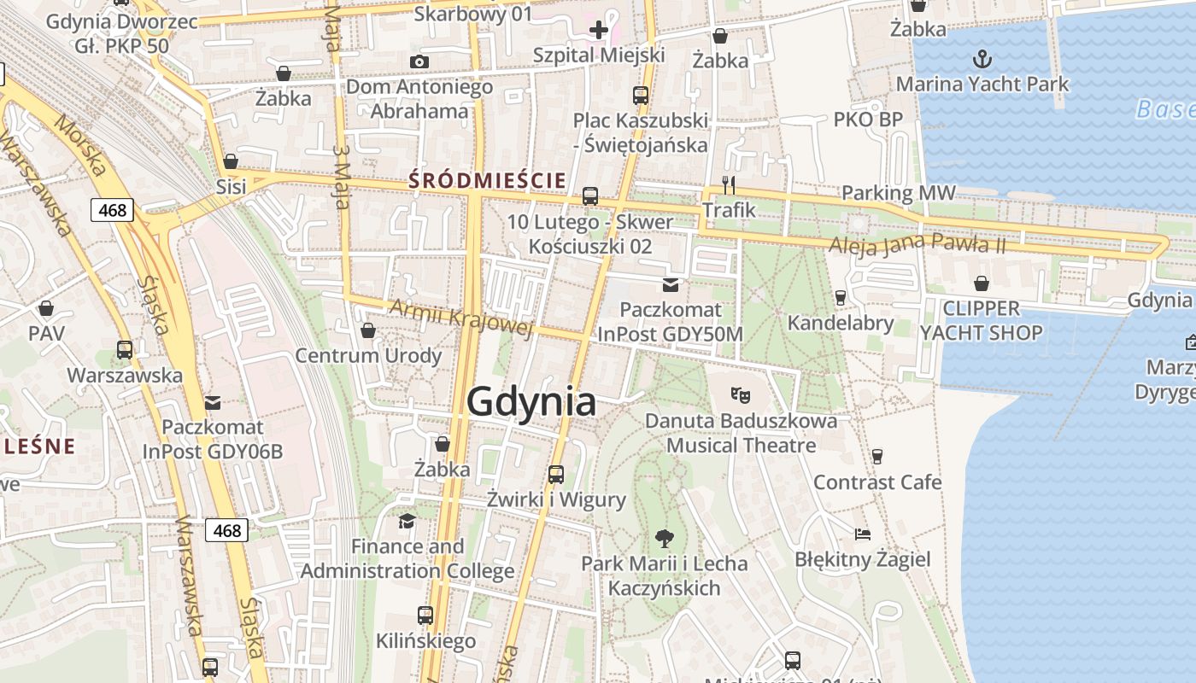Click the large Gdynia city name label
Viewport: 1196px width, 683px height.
click(x=531, y=402)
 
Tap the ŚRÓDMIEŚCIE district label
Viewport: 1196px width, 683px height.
click(x=487, y=180)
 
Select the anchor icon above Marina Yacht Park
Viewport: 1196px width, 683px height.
click(x=982, y=59)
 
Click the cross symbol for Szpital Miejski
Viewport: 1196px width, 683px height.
click(x=598, y=31)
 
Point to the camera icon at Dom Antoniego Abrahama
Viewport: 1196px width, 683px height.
click(x=419, y=61)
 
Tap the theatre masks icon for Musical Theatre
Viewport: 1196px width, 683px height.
click(x=741, y=394)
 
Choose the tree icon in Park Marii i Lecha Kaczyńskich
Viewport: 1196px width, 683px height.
click(x=664, y=538)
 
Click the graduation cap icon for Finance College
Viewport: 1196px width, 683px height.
click(x=407, y=520)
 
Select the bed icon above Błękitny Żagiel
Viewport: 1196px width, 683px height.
click(x=863, y=534)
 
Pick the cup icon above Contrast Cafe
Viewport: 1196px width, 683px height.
click(x=876, y=457)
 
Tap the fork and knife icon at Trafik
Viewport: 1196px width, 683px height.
click(x=729, y=184)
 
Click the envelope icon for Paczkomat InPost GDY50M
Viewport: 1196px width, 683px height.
click(x=671, y=284)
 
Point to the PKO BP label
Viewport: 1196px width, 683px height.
click(x=868, y=120)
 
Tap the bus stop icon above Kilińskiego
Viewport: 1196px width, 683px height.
click(x=425, y=615)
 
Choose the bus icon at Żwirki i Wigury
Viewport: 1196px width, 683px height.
click(x=556, y=474)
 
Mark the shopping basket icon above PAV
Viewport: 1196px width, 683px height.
click(x=46, y=308)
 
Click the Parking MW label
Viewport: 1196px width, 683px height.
click(x=899, y=194)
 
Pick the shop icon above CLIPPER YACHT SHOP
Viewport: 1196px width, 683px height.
click(x=982, y=283)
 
